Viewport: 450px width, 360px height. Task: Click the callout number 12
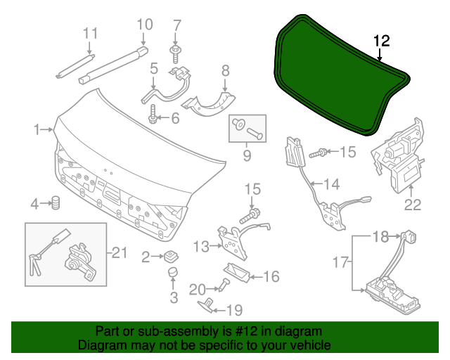(380, 41)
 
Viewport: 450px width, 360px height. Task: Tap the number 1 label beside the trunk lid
(36, 129)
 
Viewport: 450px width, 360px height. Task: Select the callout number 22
(412, 205)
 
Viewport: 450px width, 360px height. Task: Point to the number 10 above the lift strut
(143, 25)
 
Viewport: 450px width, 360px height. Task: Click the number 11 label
(91, 33)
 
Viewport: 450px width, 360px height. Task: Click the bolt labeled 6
(153, 114)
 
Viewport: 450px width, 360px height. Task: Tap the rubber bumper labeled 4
(54, 204)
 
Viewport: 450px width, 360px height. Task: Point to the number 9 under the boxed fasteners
(247, 154)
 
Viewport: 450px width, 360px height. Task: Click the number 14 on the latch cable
(331, 185)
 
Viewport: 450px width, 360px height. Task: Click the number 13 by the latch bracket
(201, 246)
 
